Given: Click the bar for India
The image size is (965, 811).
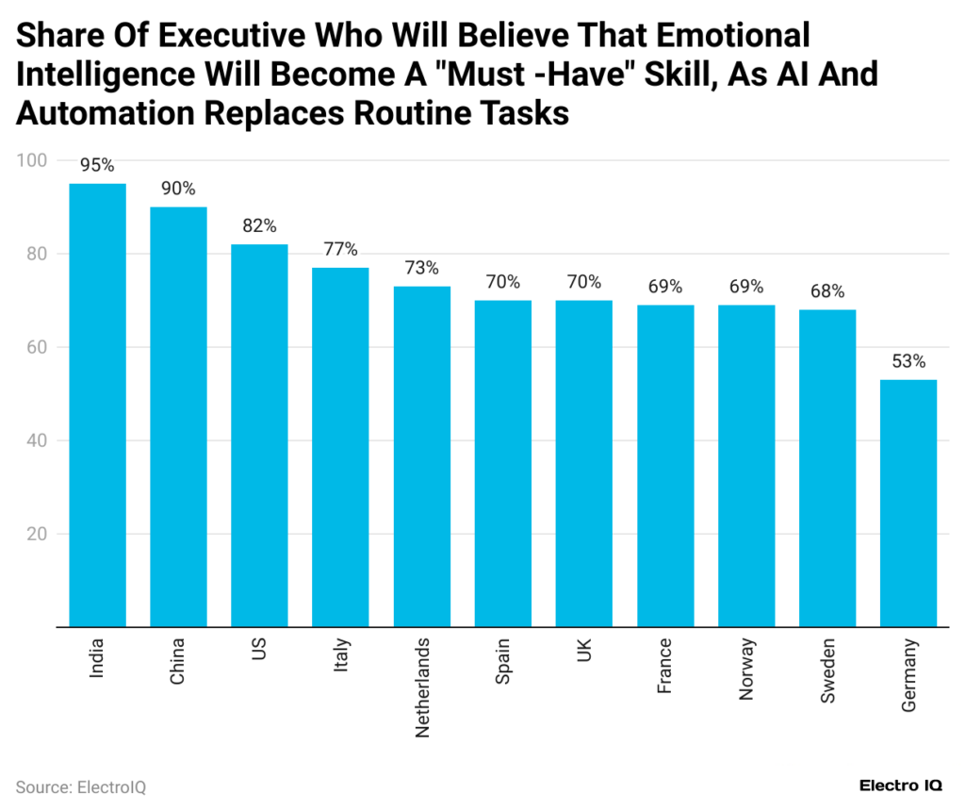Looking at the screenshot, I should tap(98, 405).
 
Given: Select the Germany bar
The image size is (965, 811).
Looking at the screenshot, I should tap(908, 504).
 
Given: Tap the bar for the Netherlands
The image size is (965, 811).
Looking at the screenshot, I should tap(422, 456).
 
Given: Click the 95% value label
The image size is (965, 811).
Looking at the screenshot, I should tap(97, 166).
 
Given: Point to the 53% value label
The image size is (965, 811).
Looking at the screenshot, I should tap(908, 362).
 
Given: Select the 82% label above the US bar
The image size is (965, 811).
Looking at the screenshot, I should tap(259, 226).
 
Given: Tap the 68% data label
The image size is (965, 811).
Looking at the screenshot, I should tap(827, 291).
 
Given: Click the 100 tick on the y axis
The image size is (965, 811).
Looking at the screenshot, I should tap(31, 161).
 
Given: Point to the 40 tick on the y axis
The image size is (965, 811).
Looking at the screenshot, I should tap(35, 441).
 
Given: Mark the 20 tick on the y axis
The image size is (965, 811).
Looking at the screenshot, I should tap(35, 535).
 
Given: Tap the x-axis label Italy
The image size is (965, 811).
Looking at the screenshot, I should tap(341, 656).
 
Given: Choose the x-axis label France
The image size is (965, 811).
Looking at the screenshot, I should tap(664, 666).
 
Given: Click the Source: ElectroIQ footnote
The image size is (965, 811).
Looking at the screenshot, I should tap(80, 786).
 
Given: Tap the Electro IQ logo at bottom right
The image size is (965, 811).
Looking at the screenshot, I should tap(903, 786).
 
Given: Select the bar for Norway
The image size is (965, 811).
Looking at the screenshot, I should tap(746, 466).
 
